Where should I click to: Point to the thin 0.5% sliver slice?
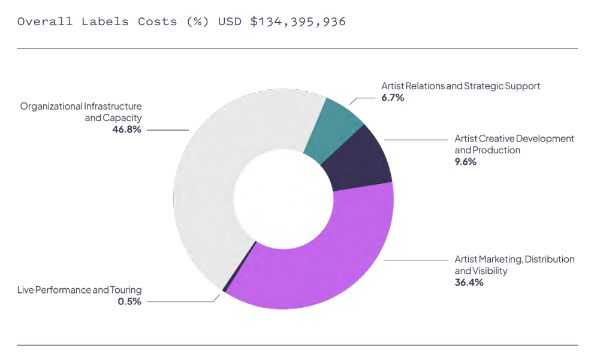224,290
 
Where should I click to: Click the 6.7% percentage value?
393,98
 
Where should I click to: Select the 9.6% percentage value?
466,162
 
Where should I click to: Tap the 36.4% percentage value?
469,283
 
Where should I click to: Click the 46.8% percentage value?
126,129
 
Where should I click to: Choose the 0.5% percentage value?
129,301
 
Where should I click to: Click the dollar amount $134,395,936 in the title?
297,22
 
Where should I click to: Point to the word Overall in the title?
44,22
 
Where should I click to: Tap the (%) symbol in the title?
197,22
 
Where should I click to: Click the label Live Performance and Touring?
80,290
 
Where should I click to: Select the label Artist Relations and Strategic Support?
460,86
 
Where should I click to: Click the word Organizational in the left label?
51,106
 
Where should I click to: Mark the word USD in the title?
230,22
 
